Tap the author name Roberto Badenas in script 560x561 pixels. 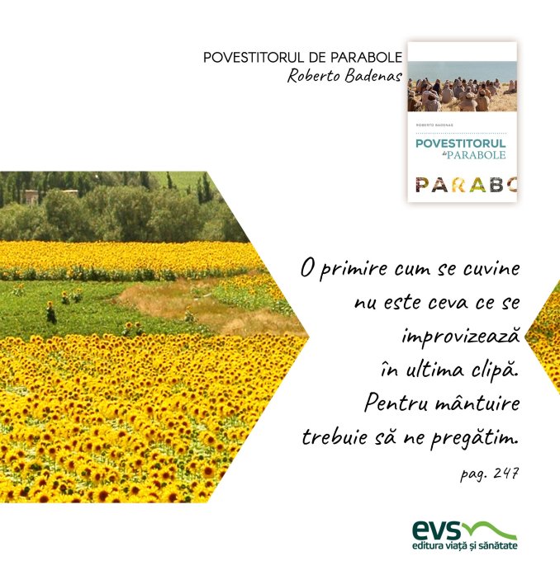(x=344, y=76)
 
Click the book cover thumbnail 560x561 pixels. (x=463, y=121)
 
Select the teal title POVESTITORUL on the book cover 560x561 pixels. (x=460, y=144)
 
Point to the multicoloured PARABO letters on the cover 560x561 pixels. (x=466, y=185)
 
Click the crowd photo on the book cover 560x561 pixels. (x=463, y=87)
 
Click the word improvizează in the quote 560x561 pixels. (x=460, y=337)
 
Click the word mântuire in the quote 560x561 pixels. (x=477, y=403)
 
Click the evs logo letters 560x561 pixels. (x=436, y=530)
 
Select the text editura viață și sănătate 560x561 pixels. (x=465, y=546)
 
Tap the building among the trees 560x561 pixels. (x=31, y=197)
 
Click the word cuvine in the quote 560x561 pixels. (x=491, y=269)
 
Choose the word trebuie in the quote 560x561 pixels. (x=335, y=437)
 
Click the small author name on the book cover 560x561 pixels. (x=434, y=125)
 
